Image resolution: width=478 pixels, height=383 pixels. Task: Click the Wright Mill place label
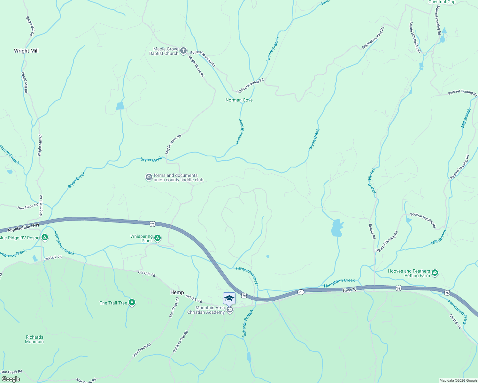pos(26,51)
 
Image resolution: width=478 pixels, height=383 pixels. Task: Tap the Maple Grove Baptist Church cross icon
pos(183,51)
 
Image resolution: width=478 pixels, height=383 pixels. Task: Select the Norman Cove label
pos(239,100)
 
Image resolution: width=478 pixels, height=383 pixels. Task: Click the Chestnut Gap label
pos(442,2)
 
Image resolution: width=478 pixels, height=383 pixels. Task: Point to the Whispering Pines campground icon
pos(157,238)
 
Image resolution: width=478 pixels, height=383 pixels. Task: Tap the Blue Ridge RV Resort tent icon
pos(45,237)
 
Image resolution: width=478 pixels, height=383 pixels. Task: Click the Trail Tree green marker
pos(132,303)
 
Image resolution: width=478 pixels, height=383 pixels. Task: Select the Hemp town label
pos(177,292)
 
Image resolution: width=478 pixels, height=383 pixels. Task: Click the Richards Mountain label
pos(35,339)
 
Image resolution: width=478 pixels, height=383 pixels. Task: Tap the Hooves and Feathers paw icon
pos(435,273)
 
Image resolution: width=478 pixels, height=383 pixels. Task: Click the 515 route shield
pos(301,292)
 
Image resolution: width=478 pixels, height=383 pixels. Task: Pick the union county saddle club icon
pos(149,177)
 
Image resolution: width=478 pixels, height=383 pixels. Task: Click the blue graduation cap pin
pos(229,298)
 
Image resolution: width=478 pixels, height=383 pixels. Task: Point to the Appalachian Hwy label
pos(23,228)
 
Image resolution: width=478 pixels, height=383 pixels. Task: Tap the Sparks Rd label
pos(372,231)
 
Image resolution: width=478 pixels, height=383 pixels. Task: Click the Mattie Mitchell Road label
pos(415,37)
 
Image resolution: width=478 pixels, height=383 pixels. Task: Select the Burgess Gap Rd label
pos(181,342)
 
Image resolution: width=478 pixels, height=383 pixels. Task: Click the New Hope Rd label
pos(28,207)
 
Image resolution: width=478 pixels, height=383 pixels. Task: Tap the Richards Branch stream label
pos(248,324)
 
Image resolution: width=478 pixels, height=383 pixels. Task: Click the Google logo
pos(11,379)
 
